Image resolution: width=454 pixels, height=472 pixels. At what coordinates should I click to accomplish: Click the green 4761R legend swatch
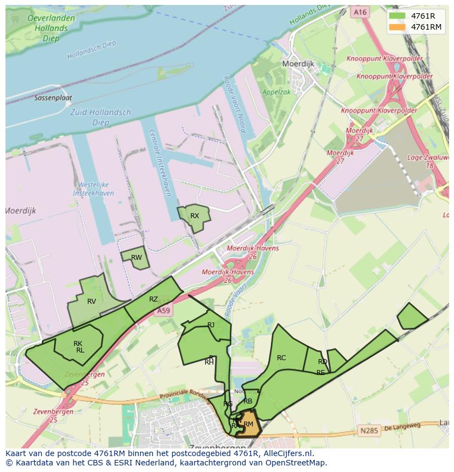(x=397, y=16)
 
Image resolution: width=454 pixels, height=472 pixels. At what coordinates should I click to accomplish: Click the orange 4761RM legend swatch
(x=397, y=27)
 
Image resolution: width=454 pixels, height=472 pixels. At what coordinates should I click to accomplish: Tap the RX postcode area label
(x=195, y=216)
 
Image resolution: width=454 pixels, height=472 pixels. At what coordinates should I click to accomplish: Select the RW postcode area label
(x=137, y=258)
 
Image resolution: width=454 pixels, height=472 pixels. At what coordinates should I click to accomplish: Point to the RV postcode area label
(x=92, y=302)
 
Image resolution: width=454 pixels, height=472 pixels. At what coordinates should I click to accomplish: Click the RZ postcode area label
(x=154, y=299)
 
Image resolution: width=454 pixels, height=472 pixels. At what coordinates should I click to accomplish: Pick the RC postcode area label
(x=281, y=358)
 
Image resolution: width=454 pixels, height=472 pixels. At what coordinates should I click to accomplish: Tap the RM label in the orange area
(x=248, y=424)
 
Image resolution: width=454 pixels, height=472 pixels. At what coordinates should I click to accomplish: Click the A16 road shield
(x=360, y=12)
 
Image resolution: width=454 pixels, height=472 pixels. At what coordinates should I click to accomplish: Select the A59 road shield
(x=163, y=311)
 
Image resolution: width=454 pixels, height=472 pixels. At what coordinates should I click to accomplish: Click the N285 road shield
(x=369, y=431)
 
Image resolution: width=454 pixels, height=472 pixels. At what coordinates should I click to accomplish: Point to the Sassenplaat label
(x=53, y=98)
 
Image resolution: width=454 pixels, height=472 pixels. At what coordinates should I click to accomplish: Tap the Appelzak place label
(x=277, y=93)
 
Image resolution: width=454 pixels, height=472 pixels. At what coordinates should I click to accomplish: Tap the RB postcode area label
(x=248, y=401)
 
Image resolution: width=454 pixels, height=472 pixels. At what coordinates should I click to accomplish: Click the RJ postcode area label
(x=211, y=325)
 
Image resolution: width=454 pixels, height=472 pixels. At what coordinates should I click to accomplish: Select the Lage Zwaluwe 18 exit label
(x=430, y=161)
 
